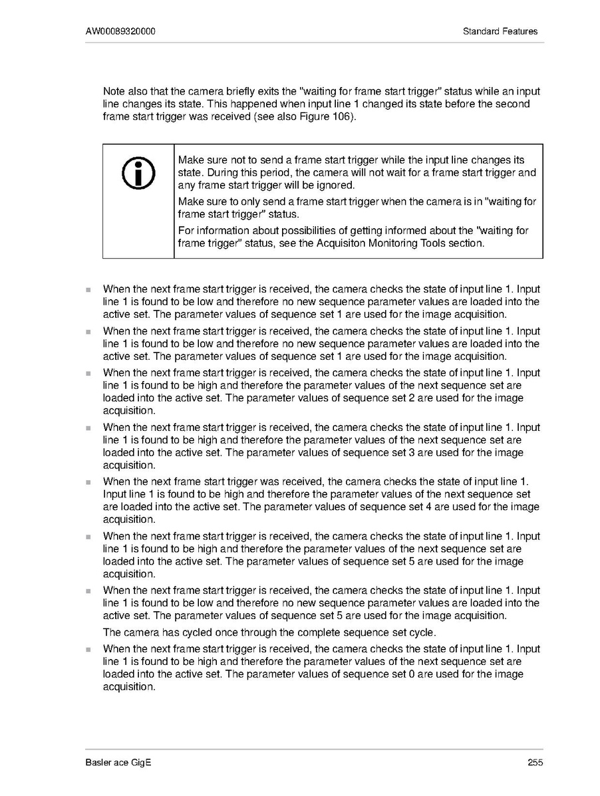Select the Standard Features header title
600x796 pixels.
pyautogui.click(x=500, y=31)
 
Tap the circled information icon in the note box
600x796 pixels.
pyautogui.click(x=138, y=174)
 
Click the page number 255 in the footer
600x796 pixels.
pyautogui.click(x=535, y=763)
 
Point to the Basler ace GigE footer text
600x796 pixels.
pyautogui.click(x=118, y=763)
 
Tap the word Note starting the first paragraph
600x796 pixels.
pyautogui.click(x=114, y=91)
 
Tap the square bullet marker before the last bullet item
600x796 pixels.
pyautogui.click(x=87, y=650)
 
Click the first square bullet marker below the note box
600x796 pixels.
pyautogui.click(x=87, y=290)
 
